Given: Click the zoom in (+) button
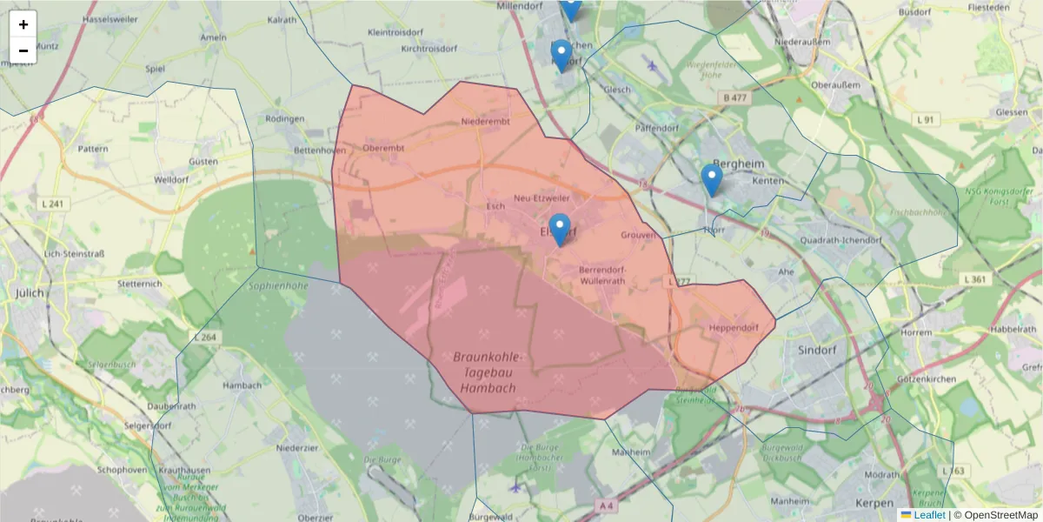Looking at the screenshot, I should pyautogui.click(x=23, y=24).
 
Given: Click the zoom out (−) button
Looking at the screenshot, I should pyautogui.click(x=23, y=50).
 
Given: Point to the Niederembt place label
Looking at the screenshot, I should pyautogui.click(x=486, y=122).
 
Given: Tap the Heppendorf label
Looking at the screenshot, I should pyautogui.click(x=734, y=328).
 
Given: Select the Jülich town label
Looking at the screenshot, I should pyautogui.click(x=29, y=293).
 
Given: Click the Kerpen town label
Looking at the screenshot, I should pyautogui.click(x=874, y=504).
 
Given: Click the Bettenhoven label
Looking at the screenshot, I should pyautogui.click(x=320, y=151).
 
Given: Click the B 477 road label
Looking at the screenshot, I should pyautogui.click(x=734, y=98).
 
